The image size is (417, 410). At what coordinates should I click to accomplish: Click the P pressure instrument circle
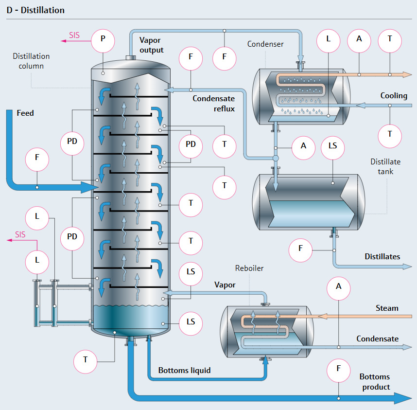[x=103, y=41]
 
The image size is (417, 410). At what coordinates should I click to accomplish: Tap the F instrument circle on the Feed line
[x=37, y=160]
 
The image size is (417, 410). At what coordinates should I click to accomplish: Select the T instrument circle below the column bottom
[x=86, y=362]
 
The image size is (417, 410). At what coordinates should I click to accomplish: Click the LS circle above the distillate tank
[x=333, y=148]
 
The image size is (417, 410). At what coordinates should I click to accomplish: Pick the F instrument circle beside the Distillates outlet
[x=300, y=250]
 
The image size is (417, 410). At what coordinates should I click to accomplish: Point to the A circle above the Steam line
[x=339, y=288]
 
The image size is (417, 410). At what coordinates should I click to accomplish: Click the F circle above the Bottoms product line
[x=339, y=371]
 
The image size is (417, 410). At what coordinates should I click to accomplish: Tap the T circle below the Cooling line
[x=390, y=136]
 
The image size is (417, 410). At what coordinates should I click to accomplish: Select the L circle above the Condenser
[x=329, y=41]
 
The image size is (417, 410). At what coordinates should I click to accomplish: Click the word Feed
[x=25, y=113]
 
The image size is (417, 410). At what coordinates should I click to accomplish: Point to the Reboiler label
[x=249, y=268]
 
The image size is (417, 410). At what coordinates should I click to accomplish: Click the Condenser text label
[x=265, y=44]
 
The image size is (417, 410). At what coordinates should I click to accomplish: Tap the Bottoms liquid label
[x=184, y=370]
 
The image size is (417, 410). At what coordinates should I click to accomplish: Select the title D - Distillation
[x=35, y=10]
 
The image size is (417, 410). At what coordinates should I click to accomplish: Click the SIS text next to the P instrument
[x=74, y=35]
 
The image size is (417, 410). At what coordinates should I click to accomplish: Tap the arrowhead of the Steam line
[x=322, y=316]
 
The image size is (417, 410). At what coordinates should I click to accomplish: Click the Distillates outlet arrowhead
[x=407, y=267]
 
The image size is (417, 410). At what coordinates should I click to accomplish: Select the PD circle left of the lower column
[x=72, y=238]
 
